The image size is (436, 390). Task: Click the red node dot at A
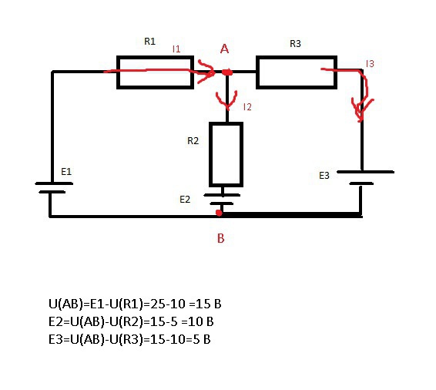227,72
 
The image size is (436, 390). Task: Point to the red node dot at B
219,213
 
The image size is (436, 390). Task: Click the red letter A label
224,49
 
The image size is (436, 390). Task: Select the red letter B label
221,238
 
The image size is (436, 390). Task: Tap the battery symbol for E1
54,188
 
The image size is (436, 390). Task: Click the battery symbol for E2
222,200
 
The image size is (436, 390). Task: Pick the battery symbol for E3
365,178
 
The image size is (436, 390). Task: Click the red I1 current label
176,49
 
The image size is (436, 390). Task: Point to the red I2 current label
247,107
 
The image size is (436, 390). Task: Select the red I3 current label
370,64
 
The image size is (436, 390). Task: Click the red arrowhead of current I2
227,101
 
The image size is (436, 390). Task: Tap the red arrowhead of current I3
361,110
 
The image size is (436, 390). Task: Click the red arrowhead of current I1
206,72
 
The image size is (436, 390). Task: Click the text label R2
193,141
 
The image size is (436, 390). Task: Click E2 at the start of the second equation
56,321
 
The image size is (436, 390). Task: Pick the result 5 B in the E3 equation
202,339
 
